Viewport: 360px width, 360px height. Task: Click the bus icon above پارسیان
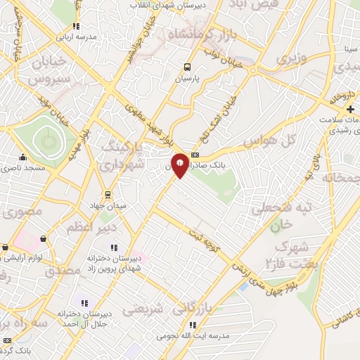186,67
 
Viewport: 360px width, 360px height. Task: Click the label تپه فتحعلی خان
289,216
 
